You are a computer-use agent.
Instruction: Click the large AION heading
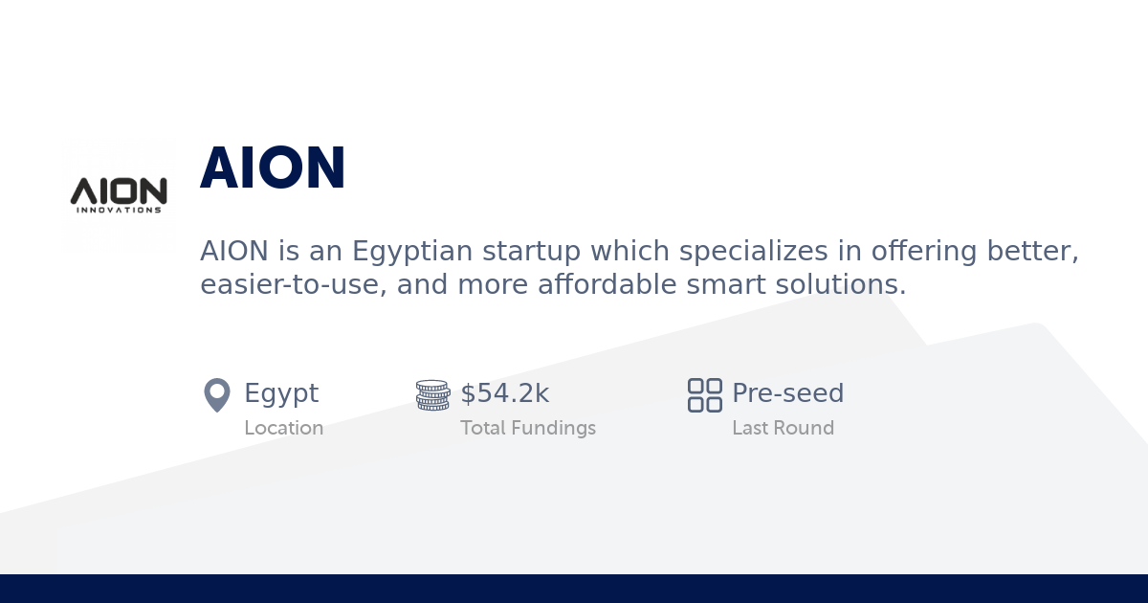point(273,169)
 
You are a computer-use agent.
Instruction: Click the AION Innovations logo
point(119,194)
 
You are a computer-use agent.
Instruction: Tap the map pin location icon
point(217,394)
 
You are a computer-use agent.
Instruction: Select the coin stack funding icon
point(432,394)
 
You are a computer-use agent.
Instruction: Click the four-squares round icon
point(705,394)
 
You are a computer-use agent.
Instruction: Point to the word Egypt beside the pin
point(281,393)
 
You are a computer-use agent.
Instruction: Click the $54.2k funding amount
point(505,393)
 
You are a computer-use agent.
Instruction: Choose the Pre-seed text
point(787,393)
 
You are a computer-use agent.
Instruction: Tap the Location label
point(283,428)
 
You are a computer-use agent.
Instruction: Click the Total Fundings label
point(528,428)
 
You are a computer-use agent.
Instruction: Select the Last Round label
point(783,428)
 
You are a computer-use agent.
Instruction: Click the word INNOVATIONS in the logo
point(119,210)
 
